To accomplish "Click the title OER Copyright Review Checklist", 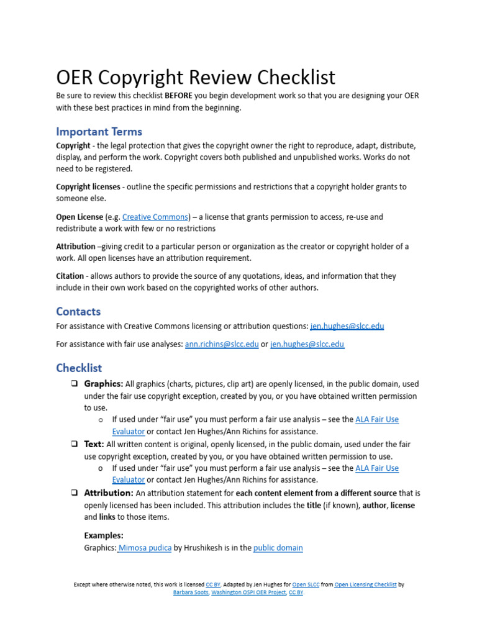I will click(x=196, y=78).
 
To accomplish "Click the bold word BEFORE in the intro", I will click(x=178, y=96).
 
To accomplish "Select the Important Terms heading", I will click(x=99, y=132).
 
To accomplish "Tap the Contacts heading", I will click(x=78, y=311).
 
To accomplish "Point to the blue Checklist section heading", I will click(x=79, y=368).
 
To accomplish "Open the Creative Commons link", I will click(x=155, y=217).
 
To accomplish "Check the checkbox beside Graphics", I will click(x=74, y=384).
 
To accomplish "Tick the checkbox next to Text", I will click(x=74, y=444).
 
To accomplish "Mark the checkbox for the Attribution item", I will click(x=74, y=493).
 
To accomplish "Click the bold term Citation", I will click(x=70, y=276).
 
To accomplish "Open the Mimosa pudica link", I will click(x=145, y=548).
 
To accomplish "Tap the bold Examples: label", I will click(x=104, y=535).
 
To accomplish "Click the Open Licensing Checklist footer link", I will click(x=365, y=584).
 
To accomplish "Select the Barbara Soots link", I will click(x=190, y=593).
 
